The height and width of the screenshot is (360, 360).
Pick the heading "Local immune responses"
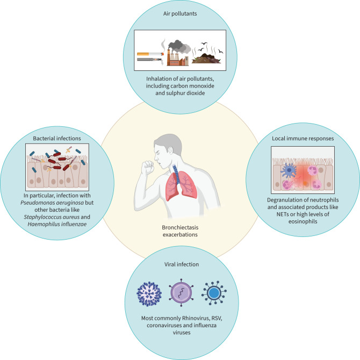point(305,139)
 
